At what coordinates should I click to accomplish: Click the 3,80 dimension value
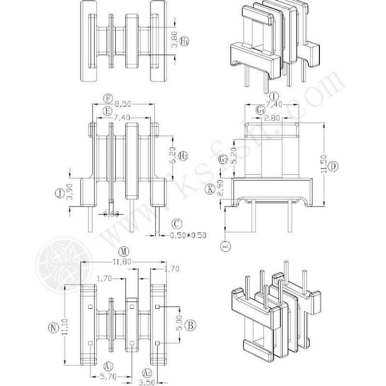click(174, 40)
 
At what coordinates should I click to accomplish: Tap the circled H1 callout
click(184, 42)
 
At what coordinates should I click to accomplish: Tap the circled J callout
click(59, 193)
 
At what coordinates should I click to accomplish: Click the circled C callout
click(177, 223)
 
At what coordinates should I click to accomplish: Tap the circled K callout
click(210, 189)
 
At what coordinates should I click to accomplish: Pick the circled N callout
click(54, 328)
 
